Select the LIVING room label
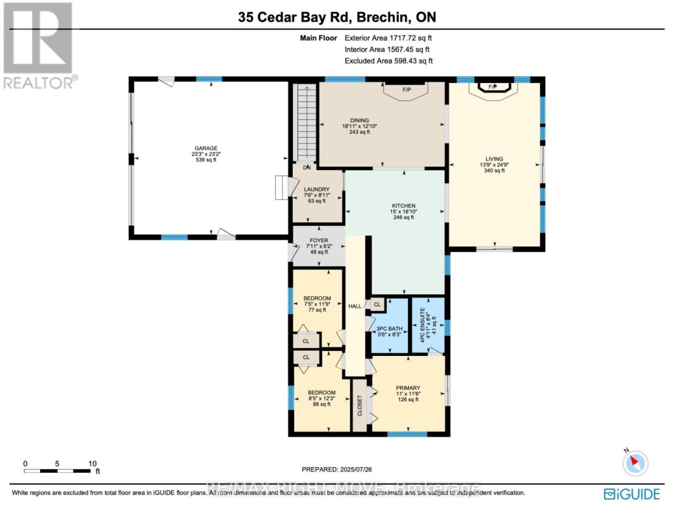494,164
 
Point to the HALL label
354,306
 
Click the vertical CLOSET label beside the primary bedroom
360,405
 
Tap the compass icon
635,463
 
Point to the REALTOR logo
38,44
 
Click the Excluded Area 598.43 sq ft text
388,61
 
